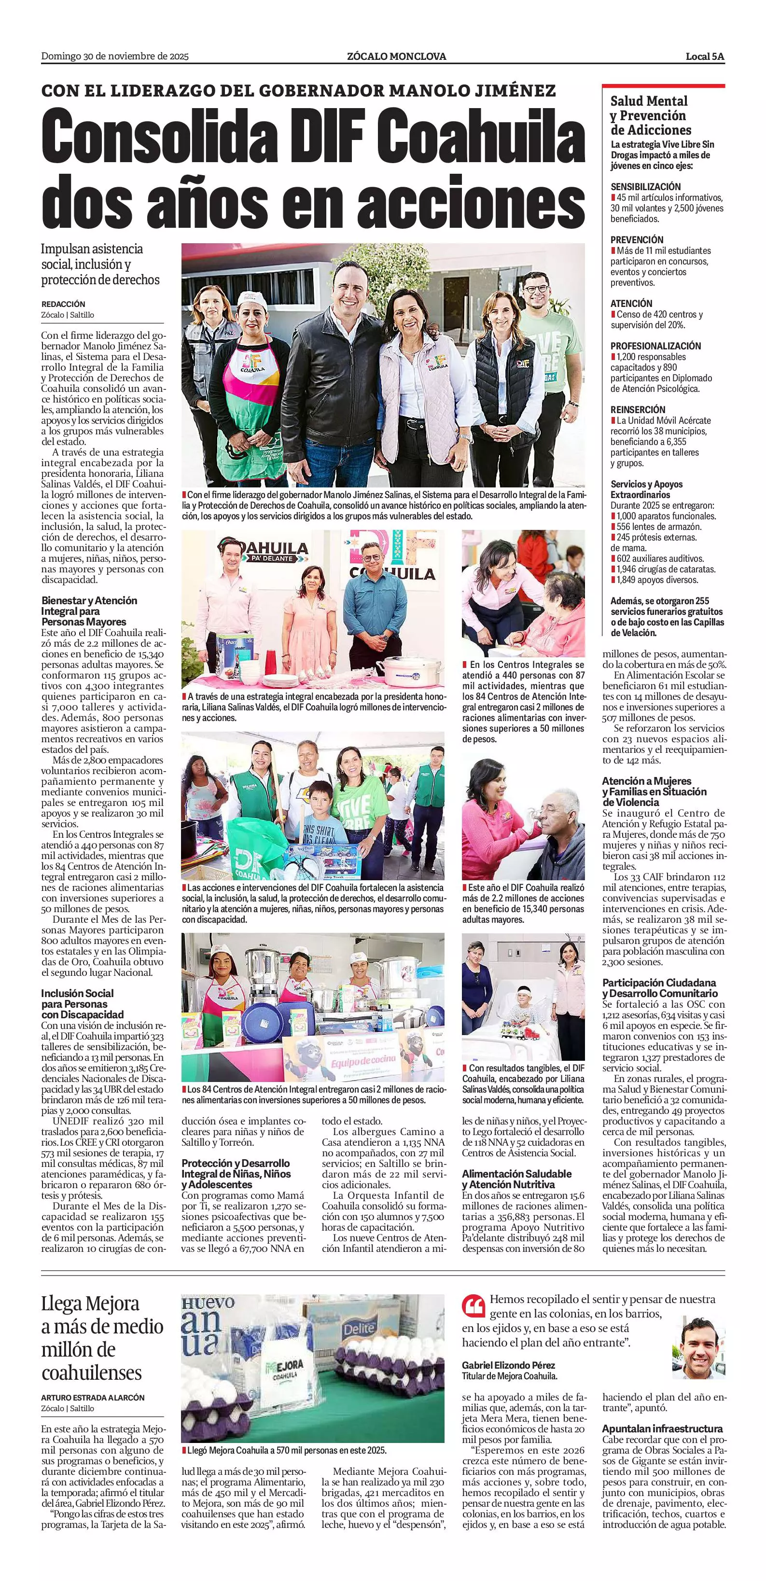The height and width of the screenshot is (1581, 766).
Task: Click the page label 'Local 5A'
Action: pyautogui.click(x=705, y=56)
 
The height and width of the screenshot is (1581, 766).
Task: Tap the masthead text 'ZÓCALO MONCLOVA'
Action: pyautogui.click(x=396, y=56)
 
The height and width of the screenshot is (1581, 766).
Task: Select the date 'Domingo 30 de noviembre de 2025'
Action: pyautogui.click(x=115, y=56)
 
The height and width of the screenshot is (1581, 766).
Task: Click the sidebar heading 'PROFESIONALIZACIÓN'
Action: pyautogui.click(x=655, y=346)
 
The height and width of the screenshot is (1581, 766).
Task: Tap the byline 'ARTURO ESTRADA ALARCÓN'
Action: pyautogui.click(x=93, y=1398)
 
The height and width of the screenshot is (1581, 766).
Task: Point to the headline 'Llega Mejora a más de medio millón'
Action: pyautogui.click(x=102, y=1337)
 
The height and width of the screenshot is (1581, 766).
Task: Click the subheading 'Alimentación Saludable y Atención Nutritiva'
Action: pyautogui.click(x=516, y=1179)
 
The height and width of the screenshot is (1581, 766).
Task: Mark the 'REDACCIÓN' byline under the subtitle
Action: pyautogui.click(x=63, y=304)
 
